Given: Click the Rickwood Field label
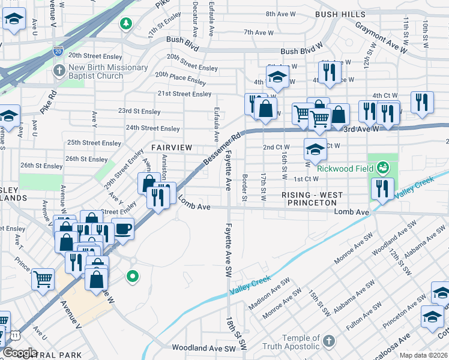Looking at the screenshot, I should pos(345,168).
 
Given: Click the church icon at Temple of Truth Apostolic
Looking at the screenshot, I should pos(328,342).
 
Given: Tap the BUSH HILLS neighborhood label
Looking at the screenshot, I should pos(340,13).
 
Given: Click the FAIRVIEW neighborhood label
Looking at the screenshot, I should pos(172,147).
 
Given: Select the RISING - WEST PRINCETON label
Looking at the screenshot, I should pos(312,199).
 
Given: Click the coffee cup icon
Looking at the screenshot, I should pos(122,228).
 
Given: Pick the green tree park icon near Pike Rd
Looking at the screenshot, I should pos(126,23).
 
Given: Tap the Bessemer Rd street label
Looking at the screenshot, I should pos(221,148).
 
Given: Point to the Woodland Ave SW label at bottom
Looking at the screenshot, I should pos(203,347).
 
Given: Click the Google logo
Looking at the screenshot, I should pos(20,353).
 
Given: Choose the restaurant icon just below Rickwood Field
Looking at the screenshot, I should pos(382,188).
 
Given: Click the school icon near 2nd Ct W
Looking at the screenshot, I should pos(315,149).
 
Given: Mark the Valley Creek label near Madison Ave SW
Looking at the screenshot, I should pos(250,284).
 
